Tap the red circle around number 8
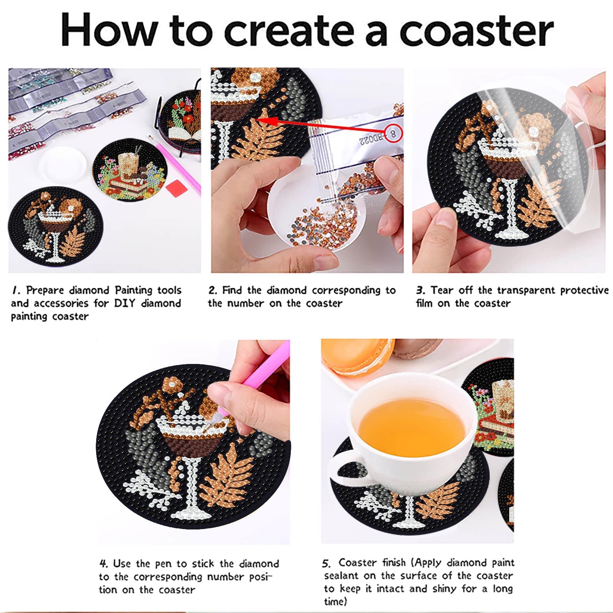click(393, 133)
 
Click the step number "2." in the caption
click(213, 290)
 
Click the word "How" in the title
click(109, 30)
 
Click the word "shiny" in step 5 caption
click(444, 588)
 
